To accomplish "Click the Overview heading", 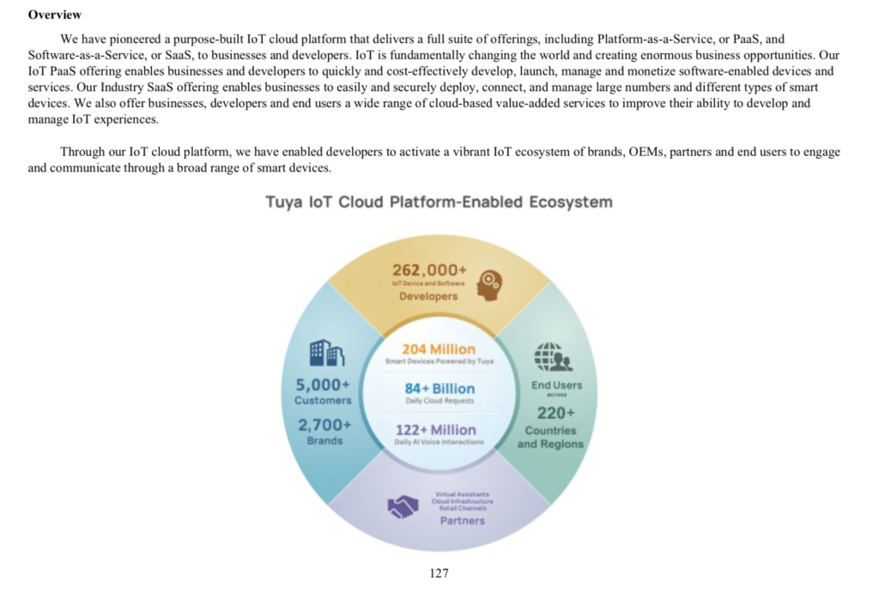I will coord(55,15).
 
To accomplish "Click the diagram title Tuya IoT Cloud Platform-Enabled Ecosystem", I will coord(439,202).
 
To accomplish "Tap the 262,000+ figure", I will coord(430,269).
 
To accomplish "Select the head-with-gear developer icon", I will coord(491,284).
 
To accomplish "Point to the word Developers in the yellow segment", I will coord(428,296).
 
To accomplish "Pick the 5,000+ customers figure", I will coord(323,384).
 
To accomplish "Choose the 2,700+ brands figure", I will coord(323,424).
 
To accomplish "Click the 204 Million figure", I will coord(439,348).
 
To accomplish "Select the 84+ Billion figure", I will coord(439,389).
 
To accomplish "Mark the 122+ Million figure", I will coord(436,429).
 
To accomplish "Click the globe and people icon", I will coord(550,356).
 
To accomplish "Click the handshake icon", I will coord(402,507).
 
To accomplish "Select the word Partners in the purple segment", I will coord(463,520).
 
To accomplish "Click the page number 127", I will coord(439,573).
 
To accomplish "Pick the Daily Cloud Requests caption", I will coord(439,402).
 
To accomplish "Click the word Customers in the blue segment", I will coord(323,400).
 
